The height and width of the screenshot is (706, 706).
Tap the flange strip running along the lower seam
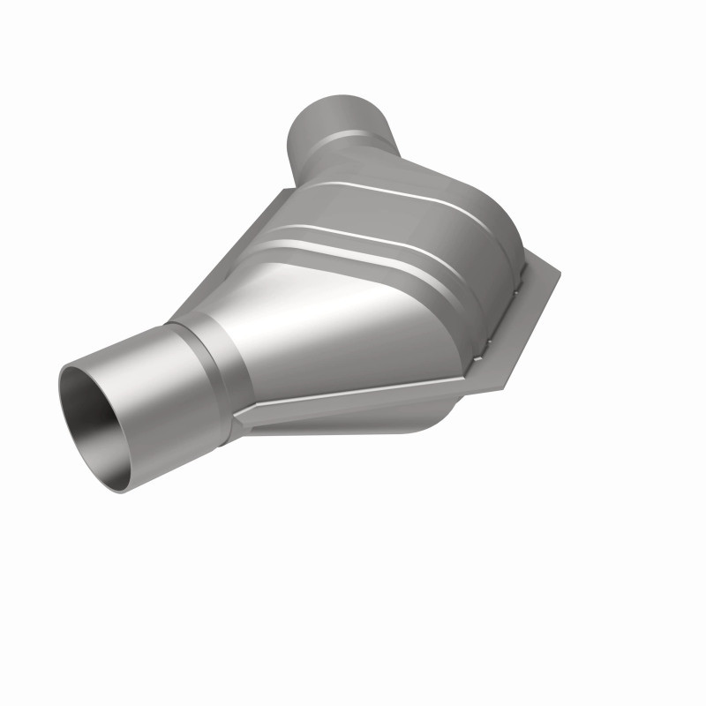[353, 415]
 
